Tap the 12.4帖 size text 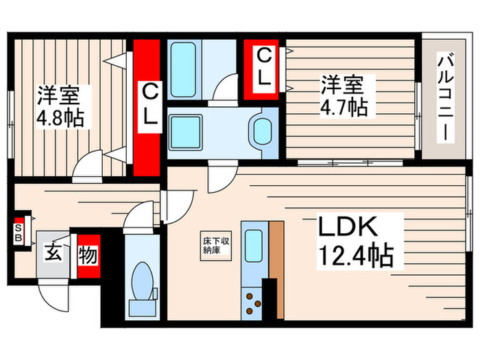pos(355,257)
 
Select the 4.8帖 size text pos(60,118)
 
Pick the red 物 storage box pos(87,256)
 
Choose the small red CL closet pos(264,67)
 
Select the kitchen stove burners pos(252,303)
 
